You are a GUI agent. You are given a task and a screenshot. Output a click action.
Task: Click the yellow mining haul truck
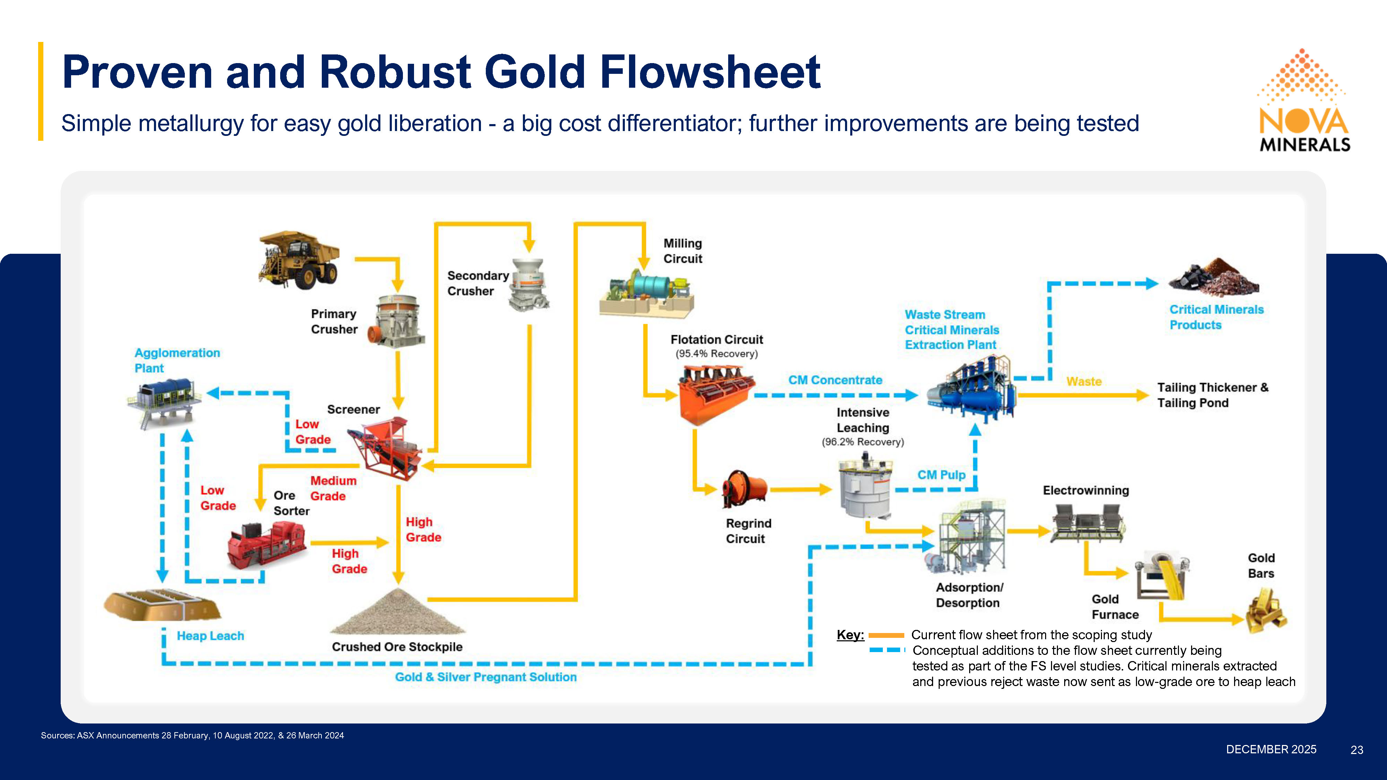pos(299,260)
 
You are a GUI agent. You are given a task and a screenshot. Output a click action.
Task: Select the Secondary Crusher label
pos(477,283)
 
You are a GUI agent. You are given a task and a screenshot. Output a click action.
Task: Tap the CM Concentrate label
pos(835,380)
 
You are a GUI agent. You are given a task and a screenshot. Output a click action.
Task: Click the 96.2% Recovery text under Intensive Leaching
pos(863,442)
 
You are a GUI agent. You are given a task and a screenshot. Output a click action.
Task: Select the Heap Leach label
pos(210,636)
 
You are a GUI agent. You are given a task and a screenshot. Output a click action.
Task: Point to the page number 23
pos(1357,750)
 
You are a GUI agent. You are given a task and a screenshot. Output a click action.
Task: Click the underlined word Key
pos(850,635)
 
